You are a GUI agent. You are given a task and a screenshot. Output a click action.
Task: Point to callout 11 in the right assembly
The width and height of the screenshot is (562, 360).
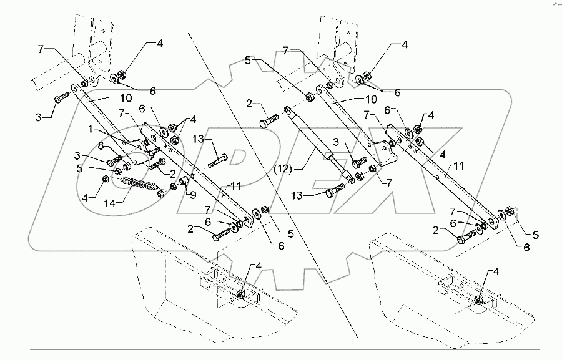tap(459, 166)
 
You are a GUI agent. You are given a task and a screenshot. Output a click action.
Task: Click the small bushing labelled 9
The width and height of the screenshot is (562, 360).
tap(185, 182)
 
